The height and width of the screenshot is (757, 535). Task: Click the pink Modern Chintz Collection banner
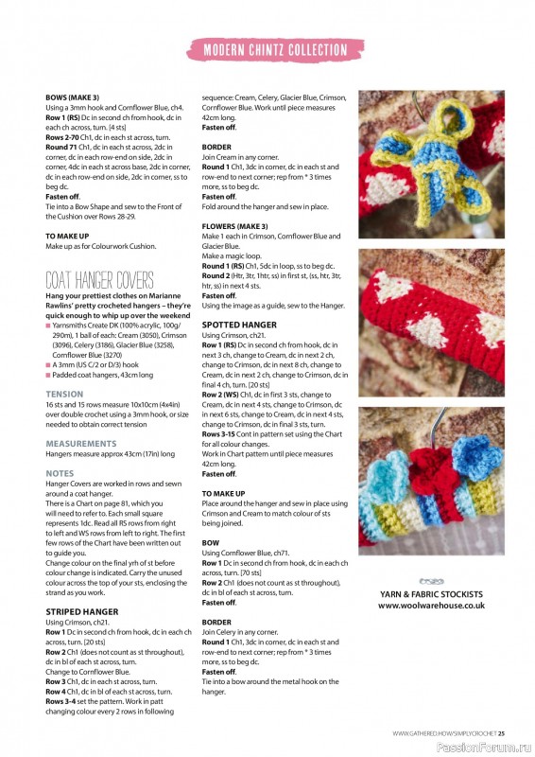coord(275,49)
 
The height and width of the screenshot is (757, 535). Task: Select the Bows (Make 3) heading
coord(72,97)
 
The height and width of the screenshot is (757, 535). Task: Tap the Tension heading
coord(64,394)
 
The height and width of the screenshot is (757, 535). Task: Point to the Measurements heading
coord(81,443)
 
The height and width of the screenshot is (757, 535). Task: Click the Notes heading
coord(60,473)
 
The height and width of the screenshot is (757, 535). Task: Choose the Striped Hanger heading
coord(82,611)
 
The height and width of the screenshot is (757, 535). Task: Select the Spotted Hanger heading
coord(240,325)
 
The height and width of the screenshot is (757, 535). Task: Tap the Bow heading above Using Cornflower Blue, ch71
coord(211,542)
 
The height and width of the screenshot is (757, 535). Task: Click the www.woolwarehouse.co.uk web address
coord(431,605)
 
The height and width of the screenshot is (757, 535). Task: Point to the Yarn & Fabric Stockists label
coord(431,594)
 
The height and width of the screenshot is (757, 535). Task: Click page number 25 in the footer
coord(502,732)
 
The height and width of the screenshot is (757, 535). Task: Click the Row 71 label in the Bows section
coord(62,148)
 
